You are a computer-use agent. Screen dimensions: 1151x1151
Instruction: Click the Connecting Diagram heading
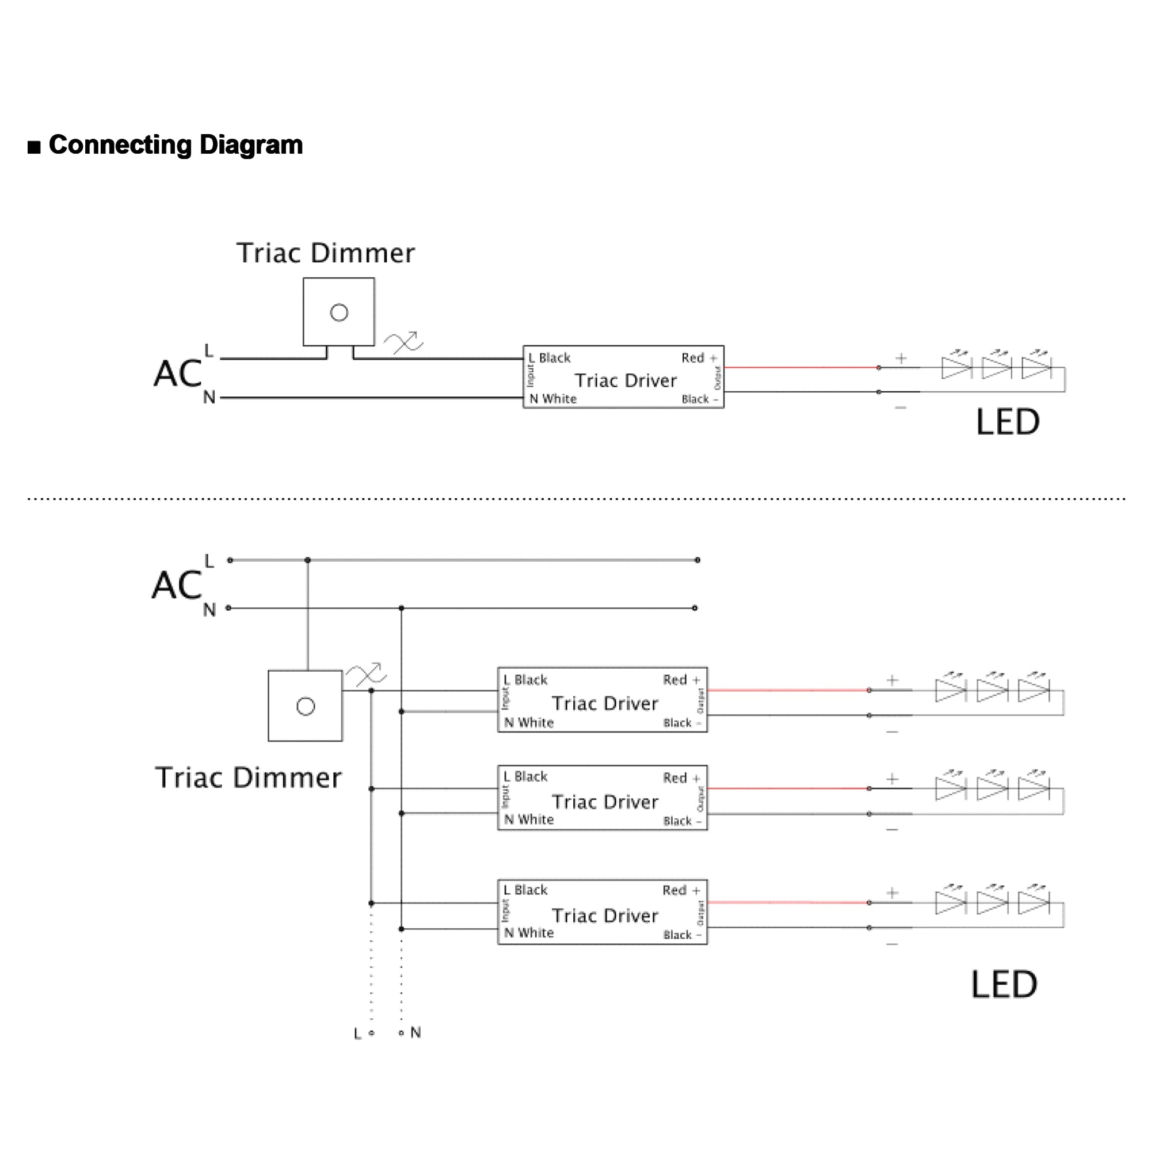[x=175, y=146]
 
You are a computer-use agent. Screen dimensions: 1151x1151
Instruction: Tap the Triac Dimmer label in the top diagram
[x=325, y=253]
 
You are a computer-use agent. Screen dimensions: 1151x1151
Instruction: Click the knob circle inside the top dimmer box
[x=339, y=312]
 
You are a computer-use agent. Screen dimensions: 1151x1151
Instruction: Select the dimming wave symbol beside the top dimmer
[x=403, y=343]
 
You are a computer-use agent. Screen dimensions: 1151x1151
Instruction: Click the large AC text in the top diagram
[x=177, y=374]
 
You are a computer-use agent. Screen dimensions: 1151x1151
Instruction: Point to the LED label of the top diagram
[x=1008, y=422]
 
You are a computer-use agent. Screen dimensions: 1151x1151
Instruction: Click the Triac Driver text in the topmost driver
[x=626, y=380]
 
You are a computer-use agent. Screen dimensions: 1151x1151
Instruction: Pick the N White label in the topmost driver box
[x=553, y=399]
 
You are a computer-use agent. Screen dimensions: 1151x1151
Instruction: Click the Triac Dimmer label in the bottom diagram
[x=248, y=778]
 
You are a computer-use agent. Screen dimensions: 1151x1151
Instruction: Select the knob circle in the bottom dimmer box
[x=306, y=707]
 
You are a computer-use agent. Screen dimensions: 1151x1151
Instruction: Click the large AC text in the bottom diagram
[x=176, y=585]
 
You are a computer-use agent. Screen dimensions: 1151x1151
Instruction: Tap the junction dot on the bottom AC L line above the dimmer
[x=307, y=560]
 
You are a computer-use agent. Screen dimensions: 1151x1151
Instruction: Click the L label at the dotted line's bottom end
[x=357, y=1034]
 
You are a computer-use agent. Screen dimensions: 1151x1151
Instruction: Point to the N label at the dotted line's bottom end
[x=416, y=1032]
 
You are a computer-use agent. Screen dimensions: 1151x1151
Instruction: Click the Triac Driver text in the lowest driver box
[x=605, y=915]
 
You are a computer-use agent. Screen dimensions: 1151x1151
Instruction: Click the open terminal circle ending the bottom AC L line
[x=697, y=560]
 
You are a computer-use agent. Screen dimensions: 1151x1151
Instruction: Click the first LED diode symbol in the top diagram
[x=955, y=368]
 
